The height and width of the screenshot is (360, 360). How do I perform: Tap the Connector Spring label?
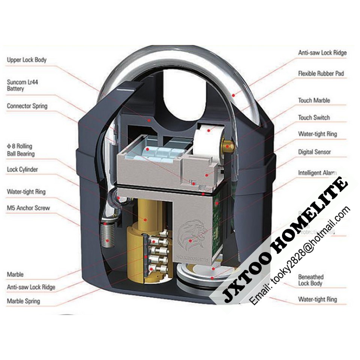tap(27, 106)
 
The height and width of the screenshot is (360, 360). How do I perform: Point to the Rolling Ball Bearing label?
tap(21, 150)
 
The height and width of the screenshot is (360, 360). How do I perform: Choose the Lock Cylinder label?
tap(22, 169)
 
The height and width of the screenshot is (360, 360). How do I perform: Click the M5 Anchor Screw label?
tap(28, 208)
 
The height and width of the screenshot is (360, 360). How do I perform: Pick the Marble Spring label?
tap(23, 301)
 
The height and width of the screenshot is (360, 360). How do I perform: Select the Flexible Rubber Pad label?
tap(321, 73)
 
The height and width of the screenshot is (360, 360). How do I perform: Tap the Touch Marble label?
tap(314, 100)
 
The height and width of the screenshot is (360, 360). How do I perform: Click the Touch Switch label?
tap(314, 118)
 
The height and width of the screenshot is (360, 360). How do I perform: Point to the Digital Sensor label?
tap(314, 152)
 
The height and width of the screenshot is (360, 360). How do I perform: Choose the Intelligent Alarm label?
tap(317, 173)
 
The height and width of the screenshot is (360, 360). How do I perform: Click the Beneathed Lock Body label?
tap(310, 280)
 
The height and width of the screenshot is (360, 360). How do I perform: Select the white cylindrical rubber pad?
tap(205, 135)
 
